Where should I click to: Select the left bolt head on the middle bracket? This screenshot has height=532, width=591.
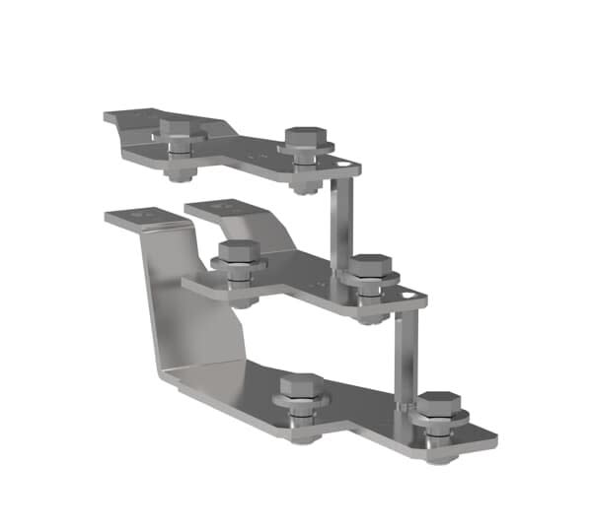[x=238, y=250]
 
